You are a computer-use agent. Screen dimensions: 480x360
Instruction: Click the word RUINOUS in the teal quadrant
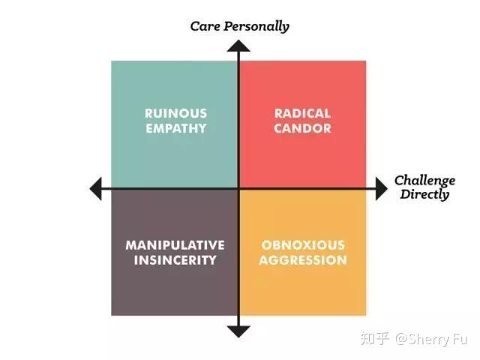click(175, 113)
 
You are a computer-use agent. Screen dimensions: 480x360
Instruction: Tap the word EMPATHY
click(175, 128)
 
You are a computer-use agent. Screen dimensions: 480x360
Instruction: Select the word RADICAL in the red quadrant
click(302, 113)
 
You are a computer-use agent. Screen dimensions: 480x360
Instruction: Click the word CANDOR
click(302, 128)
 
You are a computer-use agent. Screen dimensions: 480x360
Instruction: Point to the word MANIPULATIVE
click(175, 245)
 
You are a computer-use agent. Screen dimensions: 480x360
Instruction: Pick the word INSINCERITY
click(175, 260)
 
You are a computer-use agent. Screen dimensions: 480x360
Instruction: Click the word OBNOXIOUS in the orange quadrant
click(303, 245)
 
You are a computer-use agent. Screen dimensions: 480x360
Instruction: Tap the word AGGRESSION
click(303, 260)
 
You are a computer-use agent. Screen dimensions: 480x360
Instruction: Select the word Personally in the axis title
click(256, 27)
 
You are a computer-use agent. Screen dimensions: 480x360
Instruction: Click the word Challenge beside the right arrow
click(424, 181)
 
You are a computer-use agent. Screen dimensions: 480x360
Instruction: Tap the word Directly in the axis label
click(424, 194)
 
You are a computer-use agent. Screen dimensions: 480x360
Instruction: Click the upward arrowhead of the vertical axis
click(238, 46)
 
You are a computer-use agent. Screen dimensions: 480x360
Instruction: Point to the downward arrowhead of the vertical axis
click(238, 331)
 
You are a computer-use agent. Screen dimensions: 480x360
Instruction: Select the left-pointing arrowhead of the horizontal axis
click(96, 188)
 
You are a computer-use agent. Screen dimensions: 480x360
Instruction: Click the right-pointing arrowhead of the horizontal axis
click(382, 188)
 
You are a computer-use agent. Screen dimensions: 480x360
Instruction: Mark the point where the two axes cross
click(238, 188)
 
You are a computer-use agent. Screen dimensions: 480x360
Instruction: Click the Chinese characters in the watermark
click(375, 339)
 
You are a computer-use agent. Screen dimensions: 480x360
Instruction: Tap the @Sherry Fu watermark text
click(431, 339)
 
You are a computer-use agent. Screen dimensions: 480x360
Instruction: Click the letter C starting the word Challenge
click(398, 180)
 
